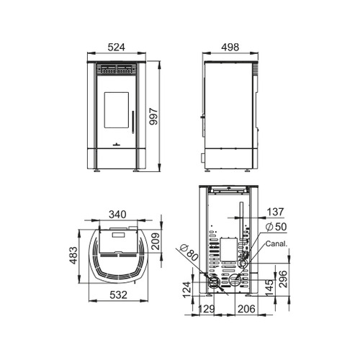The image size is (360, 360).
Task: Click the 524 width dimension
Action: point(117,48)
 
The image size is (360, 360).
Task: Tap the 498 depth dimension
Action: point(230,48)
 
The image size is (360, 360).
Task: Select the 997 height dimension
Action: point(153,117)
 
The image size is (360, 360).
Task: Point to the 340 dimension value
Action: point(117,215)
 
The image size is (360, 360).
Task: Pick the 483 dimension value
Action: point(73,256)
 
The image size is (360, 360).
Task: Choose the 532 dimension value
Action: point(118,295)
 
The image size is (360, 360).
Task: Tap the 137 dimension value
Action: point(275,212)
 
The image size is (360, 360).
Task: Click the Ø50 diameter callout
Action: point(276,227)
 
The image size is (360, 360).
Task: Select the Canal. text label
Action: point(276,244)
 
